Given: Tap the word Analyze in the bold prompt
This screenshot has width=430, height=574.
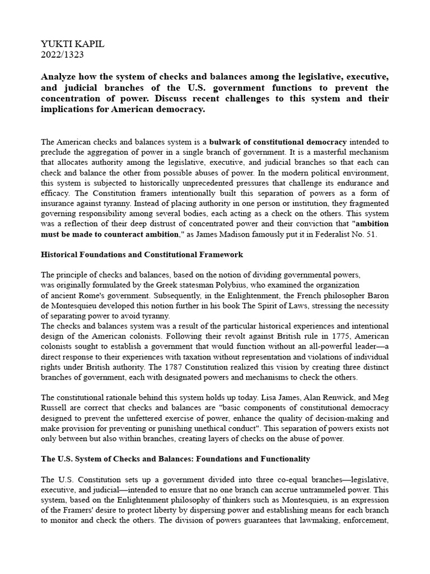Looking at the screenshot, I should (60, 76).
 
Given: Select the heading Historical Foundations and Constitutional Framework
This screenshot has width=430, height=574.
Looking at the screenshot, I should (142, 254).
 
